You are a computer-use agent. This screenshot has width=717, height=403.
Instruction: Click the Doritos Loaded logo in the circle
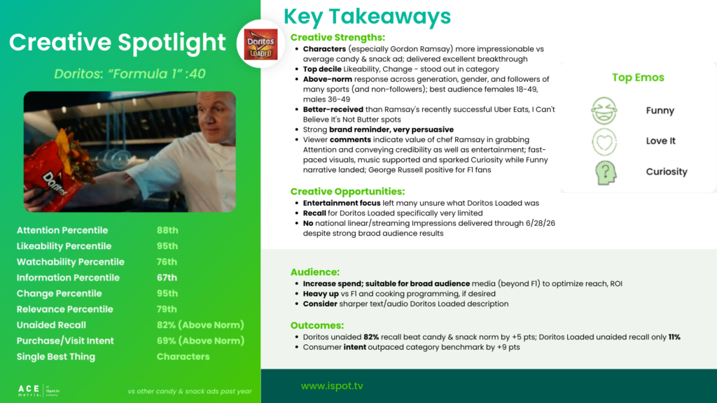click(x=260, y=44)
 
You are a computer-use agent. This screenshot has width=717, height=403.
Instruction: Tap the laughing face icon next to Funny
click(x=604, y=111)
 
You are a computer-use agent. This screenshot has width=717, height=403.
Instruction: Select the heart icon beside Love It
click(x=604, y=141)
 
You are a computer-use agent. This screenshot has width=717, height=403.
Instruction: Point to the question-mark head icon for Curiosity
click(x=606, y=172)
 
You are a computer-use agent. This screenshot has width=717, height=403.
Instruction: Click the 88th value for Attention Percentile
click(x=167, y=230)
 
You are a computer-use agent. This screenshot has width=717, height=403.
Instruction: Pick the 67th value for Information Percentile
click(x=167, y=278)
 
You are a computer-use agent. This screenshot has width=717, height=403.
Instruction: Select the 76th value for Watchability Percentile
click(x=167, y=262)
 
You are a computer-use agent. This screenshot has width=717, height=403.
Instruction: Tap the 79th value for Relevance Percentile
click(x=167, y=309)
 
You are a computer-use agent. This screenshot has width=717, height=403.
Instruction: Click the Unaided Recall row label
click(x=51, y=325)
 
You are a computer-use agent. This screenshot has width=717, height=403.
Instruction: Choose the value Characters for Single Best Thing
click(x=183, y=356)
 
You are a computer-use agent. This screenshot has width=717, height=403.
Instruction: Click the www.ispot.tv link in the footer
click(x=332, y=386)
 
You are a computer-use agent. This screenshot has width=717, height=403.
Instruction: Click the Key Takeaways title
click(x=367, y=17)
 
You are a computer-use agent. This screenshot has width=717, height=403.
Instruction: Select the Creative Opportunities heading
click(x=347, y=192)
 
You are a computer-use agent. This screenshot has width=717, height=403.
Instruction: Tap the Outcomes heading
click(x=317, y=325)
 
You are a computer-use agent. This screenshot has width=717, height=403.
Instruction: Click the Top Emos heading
click(x=638, y=78)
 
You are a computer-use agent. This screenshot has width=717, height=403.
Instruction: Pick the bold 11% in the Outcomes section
click(x=674, y=337)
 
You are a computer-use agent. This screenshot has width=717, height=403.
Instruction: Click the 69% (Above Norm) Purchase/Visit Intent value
click(x=200, y=341)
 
